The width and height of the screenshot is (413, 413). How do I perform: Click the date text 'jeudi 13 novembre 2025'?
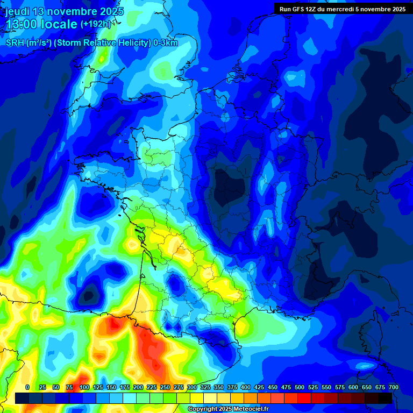pos(64,11)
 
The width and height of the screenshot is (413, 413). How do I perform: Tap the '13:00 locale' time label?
pos(41,24)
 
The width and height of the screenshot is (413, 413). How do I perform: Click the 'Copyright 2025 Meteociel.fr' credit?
pos(227,409)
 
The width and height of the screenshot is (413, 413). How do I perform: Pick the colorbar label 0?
pos(27,387)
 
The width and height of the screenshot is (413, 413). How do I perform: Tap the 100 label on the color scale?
pos(84,387)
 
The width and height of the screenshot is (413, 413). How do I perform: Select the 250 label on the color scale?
pos(165,387)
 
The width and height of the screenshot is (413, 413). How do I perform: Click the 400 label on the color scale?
pos(246,387)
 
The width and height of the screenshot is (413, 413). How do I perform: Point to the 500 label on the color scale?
pos(300,387)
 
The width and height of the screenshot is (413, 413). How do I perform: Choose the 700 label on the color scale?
pos(393,387)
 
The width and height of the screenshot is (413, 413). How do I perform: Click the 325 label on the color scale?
pos(205,387)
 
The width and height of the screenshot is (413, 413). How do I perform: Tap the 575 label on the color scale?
pos(340,387)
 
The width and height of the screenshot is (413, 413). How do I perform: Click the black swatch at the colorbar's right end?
pos(385,398)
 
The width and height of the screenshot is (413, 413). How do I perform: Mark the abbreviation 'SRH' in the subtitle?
pos(15,43)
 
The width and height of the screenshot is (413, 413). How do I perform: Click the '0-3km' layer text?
pos(166,43)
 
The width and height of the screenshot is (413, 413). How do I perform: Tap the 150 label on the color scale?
pos(111,387)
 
